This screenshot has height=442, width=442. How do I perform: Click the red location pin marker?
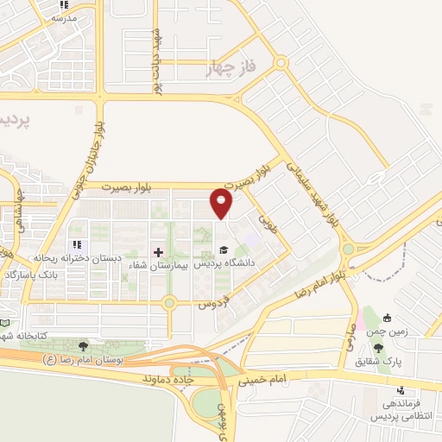click(222, 203)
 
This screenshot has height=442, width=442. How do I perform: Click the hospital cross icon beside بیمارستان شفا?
click(158, 252)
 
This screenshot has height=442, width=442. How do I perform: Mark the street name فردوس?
click(212, 304)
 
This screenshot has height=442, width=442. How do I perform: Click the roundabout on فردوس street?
click(169, 302)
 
